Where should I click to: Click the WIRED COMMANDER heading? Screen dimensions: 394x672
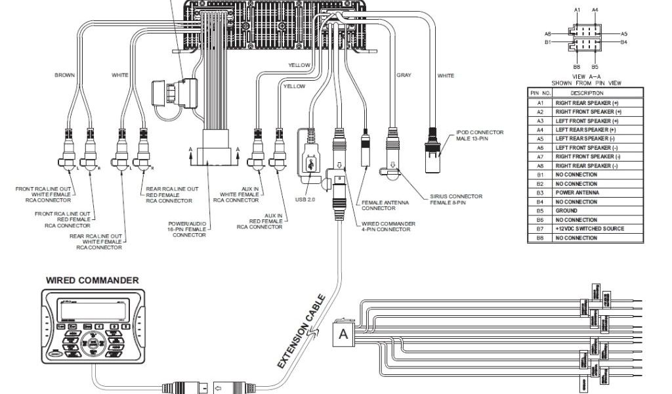point(92,280)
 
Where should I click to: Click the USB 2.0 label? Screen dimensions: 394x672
point(306,198)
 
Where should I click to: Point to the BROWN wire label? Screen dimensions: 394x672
point(64,76)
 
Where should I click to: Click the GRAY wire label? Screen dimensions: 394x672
point(404,76)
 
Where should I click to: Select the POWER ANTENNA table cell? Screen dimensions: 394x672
point(577,193)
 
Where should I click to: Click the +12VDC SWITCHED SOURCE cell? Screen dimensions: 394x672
point(590,229)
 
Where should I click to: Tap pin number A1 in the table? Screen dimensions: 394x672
point(540,103)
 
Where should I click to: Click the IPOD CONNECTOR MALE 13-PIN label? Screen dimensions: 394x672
point(480,135)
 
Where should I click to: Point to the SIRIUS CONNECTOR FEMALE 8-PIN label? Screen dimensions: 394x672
point(456,199)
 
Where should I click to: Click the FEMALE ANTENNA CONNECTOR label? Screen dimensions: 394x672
point(379,206)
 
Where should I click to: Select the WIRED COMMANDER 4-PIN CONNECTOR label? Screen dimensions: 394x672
point(388,227)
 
